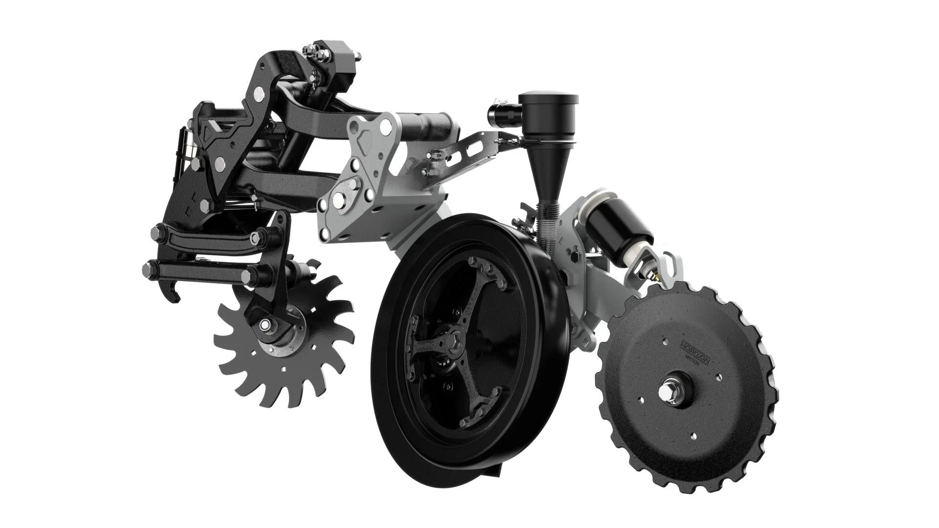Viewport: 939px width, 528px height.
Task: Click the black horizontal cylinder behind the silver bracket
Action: [x=425, y=129]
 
